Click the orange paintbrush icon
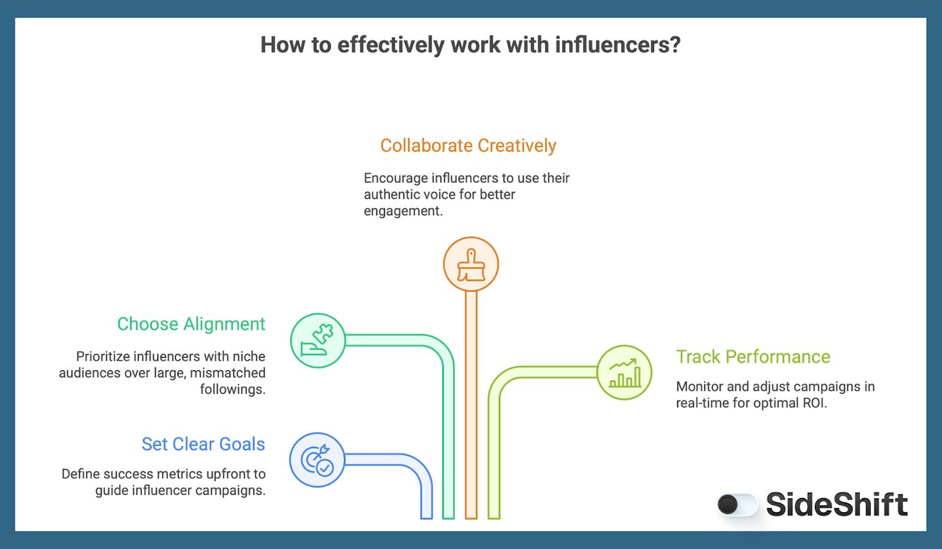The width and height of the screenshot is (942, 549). (471, 264)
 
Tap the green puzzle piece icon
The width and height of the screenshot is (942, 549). (318, 340)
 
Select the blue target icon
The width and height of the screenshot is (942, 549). (317, 460)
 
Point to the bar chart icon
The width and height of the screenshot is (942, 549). (624, 372)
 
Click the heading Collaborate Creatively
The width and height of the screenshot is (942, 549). (468, 146)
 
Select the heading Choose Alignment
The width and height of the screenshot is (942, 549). (191, 324)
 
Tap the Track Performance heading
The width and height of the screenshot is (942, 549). (753, 357)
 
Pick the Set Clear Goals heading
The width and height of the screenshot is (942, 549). (203, 444)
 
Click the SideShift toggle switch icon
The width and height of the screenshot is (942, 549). (737, 505)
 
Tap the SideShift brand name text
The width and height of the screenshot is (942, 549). (837, 505)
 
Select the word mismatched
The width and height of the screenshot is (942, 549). (233, 373)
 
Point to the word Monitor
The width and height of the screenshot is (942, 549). (700, 387)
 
